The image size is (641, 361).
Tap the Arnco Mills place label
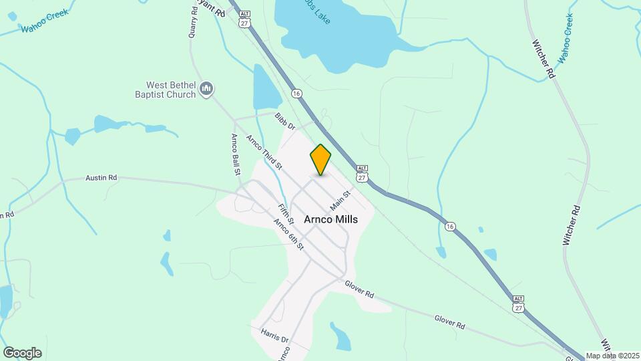click(331, 219)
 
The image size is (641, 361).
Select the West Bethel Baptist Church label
click(172, 90)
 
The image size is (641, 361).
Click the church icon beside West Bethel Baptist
click(206, 89)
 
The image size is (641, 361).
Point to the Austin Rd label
click(101, 178)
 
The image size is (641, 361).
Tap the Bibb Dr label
click(284, 122)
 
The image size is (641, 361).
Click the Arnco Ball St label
click(236, 154)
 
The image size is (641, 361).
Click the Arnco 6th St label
click(289, 235)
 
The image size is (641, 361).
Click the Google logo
click(22, 353)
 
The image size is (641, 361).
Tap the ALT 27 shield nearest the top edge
click(244, 19)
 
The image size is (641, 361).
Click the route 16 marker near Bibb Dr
click(296, 92)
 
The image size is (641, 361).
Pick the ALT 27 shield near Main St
click(362, 174)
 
